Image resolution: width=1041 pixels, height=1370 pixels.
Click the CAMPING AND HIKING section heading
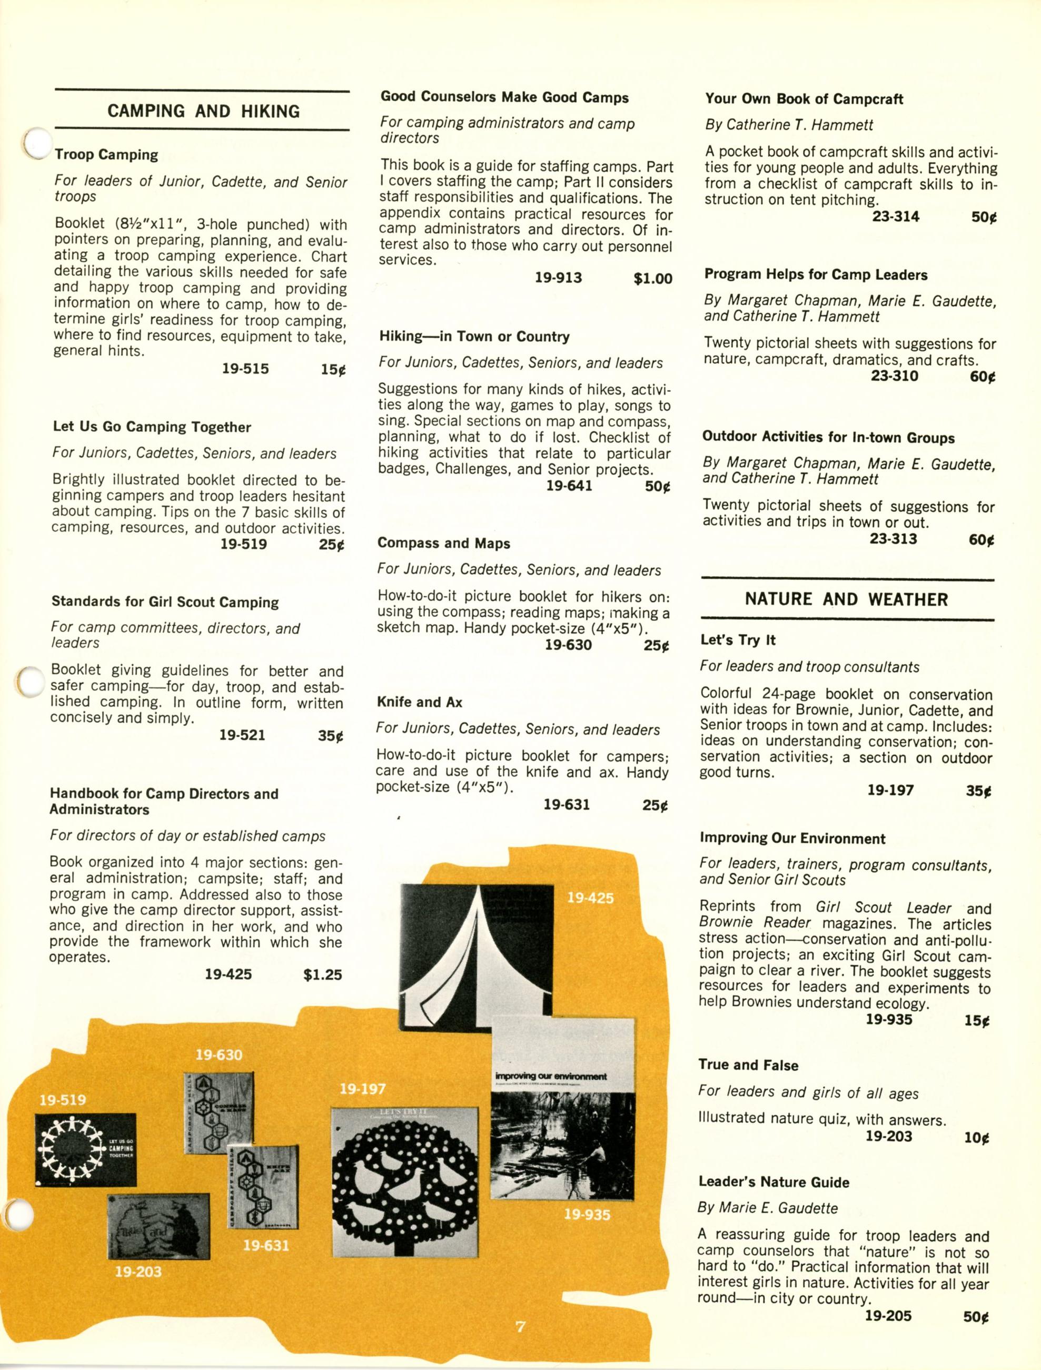[203, 112]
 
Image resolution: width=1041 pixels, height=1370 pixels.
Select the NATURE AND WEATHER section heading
[846, 599]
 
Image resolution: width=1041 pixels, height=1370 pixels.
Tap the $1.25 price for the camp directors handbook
[322, 974]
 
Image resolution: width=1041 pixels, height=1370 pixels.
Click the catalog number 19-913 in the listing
[558, 278]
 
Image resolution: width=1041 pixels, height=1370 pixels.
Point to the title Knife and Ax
[420, 702]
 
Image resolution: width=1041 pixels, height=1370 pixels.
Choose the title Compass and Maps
[444, 543]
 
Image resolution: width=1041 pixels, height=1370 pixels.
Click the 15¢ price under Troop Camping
[333, 369]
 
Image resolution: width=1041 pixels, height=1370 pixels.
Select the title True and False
[748, 1065]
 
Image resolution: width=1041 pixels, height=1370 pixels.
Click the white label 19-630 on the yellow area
[219, 1054]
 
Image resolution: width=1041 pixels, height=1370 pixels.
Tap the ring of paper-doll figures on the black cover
[68, 1150]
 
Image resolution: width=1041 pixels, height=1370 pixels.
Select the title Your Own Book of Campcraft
[804, 99]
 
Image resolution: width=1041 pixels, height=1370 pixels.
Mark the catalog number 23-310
[894, 376]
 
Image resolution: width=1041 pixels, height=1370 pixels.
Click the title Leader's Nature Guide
[774, 1182]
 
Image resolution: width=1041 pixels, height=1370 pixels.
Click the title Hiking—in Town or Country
[474, 337]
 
